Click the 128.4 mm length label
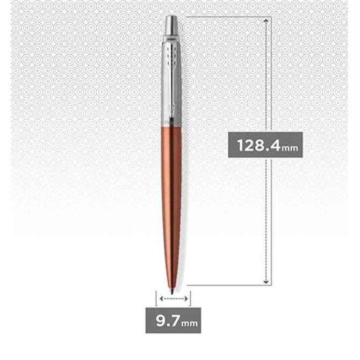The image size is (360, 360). pos(265,145)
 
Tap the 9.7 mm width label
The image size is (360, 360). pos(174,320)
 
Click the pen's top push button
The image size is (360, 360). pos(172,25)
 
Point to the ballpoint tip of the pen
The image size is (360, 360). pos(172,291)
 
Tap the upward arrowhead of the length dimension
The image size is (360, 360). pos(266,20)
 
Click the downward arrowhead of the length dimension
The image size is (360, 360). pos(266,282)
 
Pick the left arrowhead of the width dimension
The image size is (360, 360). pos(161,298)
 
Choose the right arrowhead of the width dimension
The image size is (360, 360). pos(186,298)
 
